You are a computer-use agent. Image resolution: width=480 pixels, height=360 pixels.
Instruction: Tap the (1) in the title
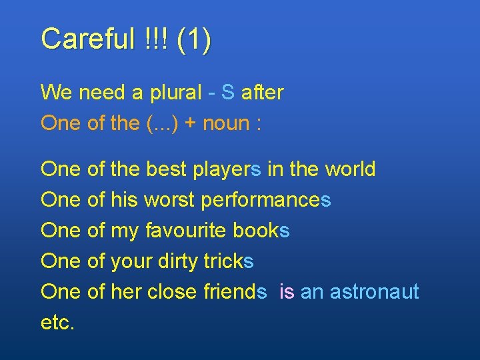click(x=194, y=40)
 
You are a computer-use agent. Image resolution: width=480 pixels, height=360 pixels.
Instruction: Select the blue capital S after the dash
click(x=228, y=93)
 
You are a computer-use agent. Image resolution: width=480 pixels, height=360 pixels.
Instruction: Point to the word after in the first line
click(x=262, y=93)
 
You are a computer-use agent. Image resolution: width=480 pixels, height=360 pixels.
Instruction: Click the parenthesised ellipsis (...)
click(x=160, y=124)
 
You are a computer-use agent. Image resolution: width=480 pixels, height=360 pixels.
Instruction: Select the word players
click(x=227, y=170)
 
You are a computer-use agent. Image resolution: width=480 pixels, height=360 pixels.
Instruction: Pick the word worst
click(x=169, y=200)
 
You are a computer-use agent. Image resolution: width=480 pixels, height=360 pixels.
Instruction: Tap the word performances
click(x=266, y=201)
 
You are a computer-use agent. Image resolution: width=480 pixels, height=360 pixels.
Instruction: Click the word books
click(x=261, y=231)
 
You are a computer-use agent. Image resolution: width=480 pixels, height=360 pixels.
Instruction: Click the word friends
click(x=235, y=292)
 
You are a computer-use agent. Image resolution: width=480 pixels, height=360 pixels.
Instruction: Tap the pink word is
click(x=287, y=292)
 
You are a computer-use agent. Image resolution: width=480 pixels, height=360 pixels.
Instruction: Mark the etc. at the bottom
click(x=58, y=323)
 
